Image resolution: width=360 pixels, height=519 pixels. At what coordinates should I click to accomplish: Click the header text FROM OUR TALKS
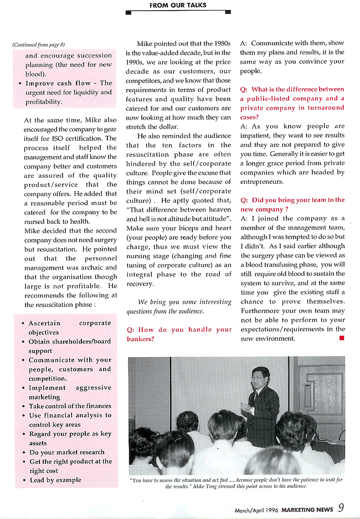coord(178,6)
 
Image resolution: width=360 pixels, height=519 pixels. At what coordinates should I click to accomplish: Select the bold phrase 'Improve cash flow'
coord(58,83)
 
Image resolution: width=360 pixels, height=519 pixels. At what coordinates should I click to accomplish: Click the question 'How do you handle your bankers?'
coord(179,334)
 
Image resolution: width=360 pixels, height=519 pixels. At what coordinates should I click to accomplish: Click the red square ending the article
coord(341,338)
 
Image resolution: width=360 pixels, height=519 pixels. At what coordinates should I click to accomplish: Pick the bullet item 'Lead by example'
coord(55,480)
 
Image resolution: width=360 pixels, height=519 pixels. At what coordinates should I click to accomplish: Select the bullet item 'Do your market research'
coord(66,452)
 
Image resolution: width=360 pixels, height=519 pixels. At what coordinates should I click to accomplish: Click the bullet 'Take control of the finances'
coord(70,406)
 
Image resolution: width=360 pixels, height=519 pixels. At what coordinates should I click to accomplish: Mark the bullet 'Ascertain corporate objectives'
coord(69,327)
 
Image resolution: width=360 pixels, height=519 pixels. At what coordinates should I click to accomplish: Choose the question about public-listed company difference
coord(292,103)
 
